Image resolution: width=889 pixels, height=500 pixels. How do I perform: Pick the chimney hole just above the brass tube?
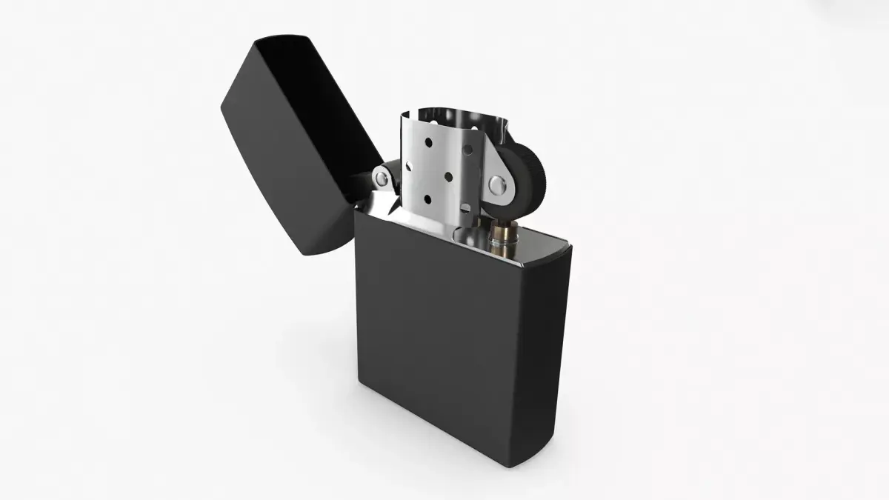click(x=468, y=210)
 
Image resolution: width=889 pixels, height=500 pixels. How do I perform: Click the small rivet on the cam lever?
click(x=380, y=178)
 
